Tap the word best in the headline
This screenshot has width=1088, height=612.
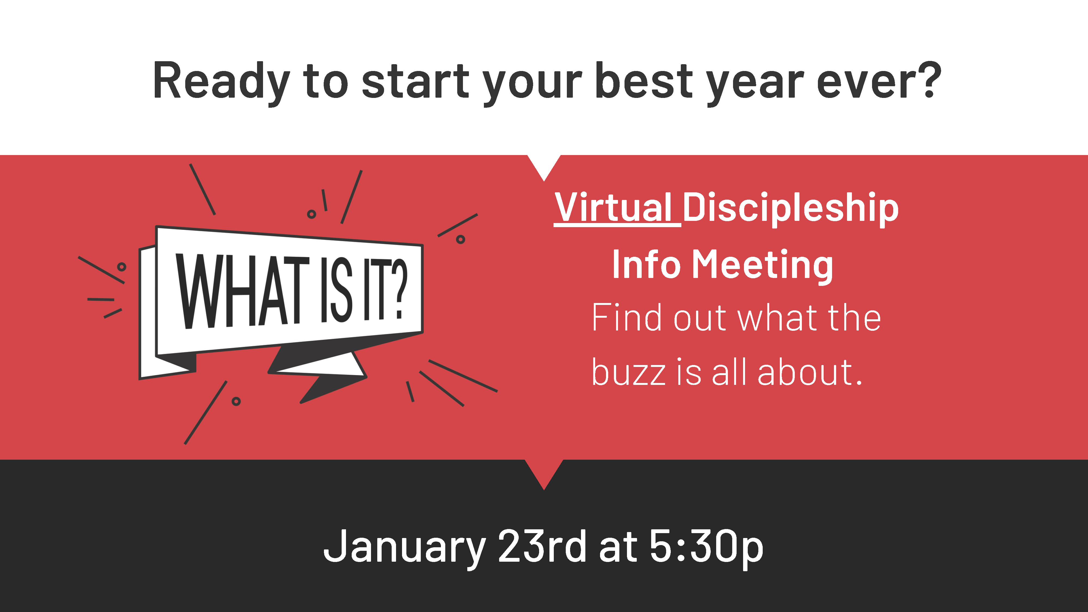pyautogui.click(x=644, y=80)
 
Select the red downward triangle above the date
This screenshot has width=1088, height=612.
pyautogui.click(x=544, y=471)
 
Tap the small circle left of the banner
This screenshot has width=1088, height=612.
pyautogui.click(x=122, y=267)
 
